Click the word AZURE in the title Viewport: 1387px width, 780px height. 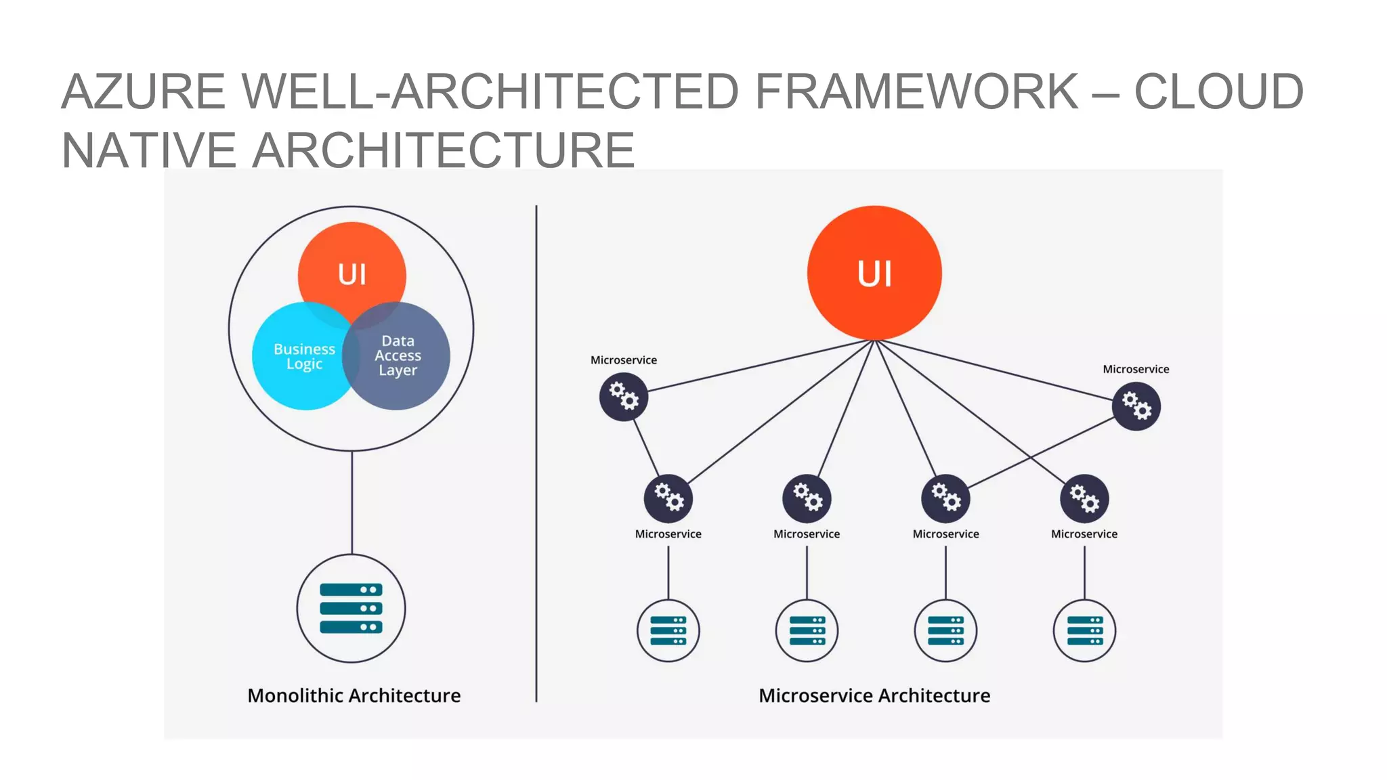(x=143, y=91)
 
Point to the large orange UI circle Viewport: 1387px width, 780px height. (x=874, y=273)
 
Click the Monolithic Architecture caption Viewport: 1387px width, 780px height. (x=354, y=695)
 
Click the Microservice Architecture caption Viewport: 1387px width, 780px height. (x=874, y=695)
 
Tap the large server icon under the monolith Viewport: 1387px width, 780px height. (x=351, y=608)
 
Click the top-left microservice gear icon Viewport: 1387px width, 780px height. (x=624, y=397)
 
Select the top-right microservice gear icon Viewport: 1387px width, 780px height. (x=1136, y=406)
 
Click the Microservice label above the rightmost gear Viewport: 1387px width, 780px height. (x=1136, y=369)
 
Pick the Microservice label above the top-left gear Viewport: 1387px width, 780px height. (x=623, y=360)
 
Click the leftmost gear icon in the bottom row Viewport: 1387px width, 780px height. (x=668, y=498)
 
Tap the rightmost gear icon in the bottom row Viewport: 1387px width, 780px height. (x=1084, y=498)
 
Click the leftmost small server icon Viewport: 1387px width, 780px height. (x=668, y=630)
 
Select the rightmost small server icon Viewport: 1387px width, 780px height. (x=1084, y=630)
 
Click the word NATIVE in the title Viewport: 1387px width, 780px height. (x=148, y=150)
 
